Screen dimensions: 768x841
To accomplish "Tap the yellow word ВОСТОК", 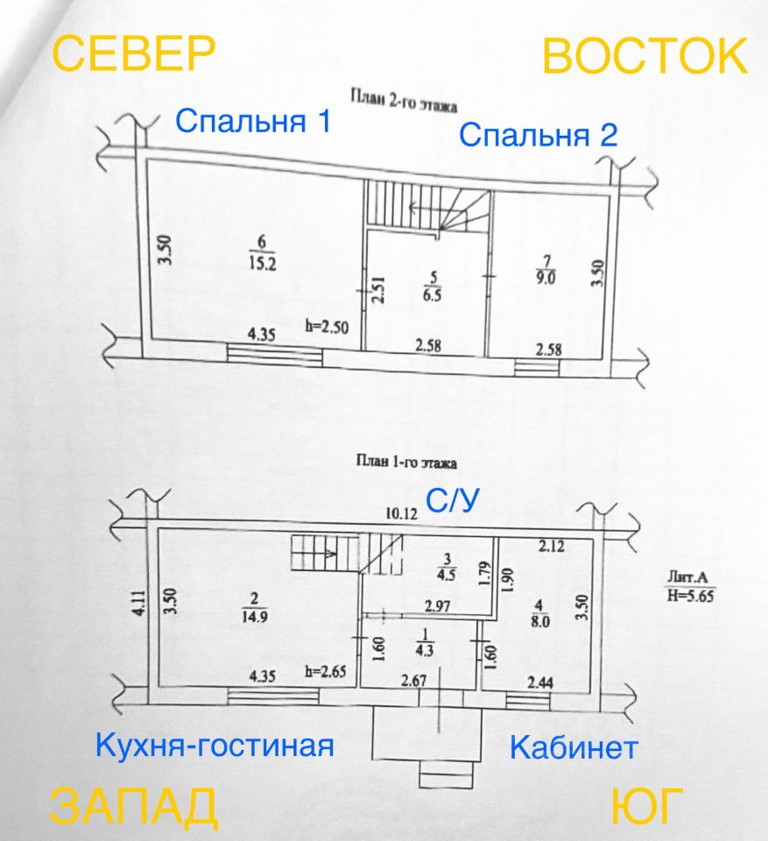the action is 645,56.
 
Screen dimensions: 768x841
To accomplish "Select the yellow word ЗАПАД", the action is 133,807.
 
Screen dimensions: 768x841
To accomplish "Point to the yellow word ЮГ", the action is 647,806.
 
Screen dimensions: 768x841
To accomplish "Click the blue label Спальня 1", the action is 253,121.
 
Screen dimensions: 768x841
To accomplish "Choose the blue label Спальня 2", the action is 538,134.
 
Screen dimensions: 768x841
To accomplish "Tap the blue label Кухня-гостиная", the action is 215,745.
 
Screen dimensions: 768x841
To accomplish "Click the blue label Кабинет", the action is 574,747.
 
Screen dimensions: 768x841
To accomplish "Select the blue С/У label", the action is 452,500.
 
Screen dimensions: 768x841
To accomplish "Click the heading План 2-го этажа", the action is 404,101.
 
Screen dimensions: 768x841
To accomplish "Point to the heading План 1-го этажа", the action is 406,462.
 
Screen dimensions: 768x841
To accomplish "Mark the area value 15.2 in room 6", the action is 262,264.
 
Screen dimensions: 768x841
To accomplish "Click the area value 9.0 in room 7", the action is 546,278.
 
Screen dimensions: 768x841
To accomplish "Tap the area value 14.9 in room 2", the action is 255,616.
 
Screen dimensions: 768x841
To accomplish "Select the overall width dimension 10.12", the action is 402,514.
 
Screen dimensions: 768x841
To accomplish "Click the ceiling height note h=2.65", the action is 326,671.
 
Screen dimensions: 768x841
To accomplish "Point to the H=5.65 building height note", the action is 691,595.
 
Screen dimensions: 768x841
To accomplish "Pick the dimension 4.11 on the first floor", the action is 139,603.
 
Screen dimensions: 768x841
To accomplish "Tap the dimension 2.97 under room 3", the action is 438,606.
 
